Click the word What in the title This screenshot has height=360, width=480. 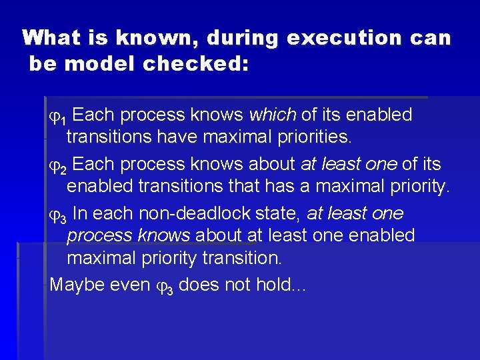point(51,37)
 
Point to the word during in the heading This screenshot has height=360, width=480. point(243,37)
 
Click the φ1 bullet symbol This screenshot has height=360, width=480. point(59,116)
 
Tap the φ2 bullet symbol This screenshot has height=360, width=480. point(59,165)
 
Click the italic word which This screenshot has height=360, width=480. point(272,115)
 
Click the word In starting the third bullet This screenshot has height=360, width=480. point(79,213)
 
